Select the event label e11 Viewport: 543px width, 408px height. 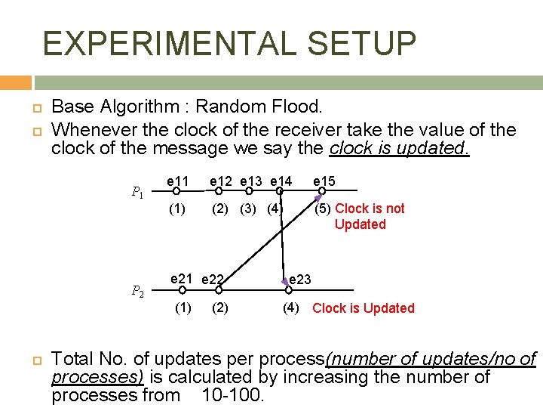(177, 181)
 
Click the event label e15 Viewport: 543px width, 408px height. (324, 181)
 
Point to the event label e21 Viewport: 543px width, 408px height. (181, 279)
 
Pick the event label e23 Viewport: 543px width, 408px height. (300, 280)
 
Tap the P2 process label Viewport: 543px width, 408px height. (138, 290)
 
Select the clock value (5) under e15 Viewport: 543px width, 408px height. (322, 209)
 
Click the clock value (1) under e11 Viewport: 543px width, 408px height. (176, 209)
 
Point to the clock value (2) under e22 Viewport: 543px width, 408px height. (220, 308)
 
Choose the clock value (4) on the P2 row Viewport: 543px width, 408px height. (291, 308)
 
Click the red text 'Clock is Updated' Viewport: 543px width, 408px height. (363, 308)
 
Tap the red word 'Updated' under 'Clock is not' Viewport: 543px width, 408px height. (360, 224)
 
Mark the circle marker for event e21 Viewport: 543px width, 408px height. (182, 289)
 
